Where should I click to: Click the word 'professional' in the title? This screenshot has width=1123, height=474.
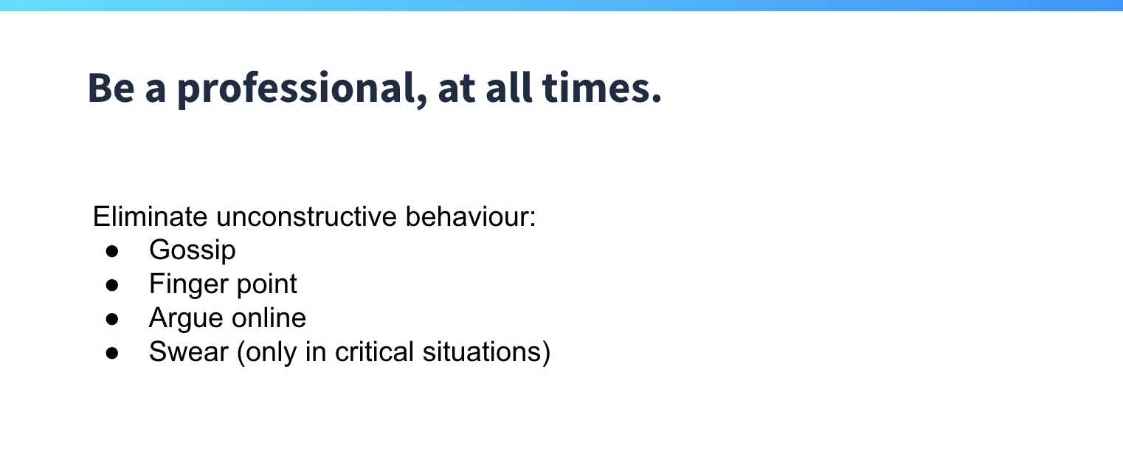coord(297,89)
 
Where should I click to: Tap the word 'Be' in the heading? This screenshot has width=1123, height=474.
coord(111,88)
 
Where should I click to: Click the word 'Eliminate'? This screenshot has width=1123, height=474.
coord(150,216)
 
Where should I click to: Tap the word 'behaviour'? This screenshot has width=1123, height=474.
coord(467,216)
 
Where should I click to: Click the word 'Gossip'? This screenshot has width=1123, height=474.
coord(193,250)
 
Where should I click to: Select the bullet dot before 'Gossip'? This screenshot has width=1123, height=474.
coord(112,251)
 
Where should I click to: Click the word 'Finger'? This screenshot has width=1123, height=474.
coord(189,284)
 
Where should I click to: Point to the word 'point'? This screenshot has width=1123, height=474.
coord(266,284)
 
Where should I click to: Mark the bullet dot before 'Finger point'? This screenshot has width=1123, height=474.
coord(112,286)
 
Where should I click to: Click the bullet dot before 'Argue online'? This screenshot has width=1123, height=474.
coord(112,320)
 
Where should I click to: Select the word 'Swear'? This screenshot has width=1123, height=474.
coord(188,351)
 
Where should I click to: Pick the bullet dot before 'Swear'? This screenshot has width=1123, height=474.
coord(112,353)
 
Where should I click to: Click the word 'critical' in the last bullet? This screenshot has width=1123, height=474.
coord(374,351)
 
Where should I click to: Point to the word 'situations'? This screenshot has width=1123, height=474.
coord(483,351)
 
